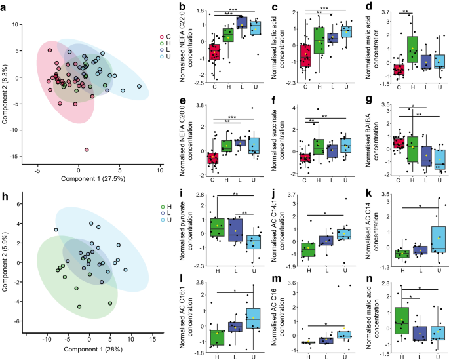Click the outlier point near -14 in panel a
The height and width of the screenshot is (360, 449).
click(87, 150)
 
